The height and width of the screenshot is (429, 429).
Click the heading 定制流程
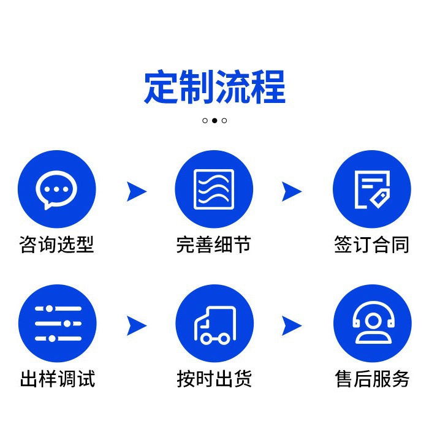(214, 88)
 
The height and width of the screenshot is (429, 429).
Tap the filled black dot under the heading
(214, 121)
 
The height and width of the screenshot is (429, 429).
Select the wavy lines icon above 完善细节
(214, 189)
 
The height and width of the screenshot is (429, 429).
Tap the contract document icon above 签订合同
(371, 189)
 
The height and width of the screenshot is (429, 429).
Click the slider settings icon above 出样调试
(58, 324)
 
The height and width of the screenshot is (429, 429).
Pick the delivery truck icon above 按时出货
(214, 324)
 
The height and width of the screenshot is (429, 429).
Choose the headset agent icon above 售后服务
(372, 324)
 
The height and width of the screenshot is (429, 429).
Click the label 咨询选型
(56, 245)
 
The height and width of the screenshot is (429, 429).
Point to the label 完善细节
(214, 245)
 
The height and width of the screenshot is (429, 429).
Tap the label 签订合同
(371, 245)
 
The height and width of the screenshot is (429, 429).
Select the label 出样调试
(58, 378)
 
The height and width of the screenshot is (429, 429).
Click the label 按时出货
(214, 378)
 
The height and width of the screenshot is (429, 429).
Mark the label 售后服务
(372, 378)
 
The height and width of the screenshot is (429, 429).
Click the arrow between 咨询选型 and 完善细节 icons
(136, 192)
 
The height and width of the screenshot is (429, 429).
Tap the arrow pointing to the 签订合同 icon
(292, 192)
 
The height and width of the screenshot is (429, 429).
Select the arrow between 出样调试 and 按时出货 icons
(136, 325)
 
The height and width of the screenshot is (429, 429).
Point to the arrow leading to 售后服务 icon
(292, 325)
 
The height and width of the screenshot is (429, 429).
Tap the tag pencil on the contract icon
(379, 197)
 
